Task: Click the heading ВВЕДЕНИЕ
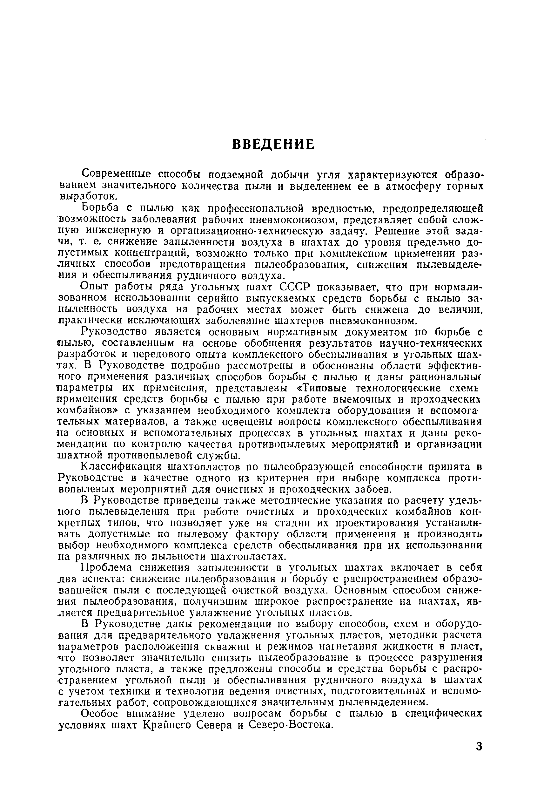(x=273, y=144)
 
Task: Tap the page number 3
(x=479, y=746)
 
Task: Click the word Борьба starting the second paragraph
(x=100, y=208)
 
